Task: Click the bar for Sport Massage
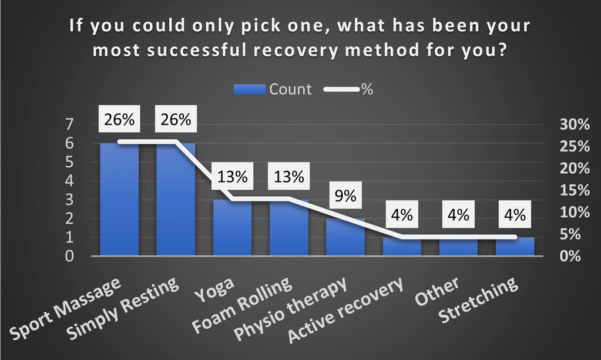(x=119, y=200)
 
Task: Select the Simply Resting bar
(x=176, y=200)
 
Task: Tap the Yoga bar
(x=232, y=229)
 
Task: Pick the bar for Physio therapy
(x=345, y=238)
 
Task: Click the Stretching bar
(x=515, y=247)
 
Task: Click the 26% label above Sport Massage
(x=119, y=119)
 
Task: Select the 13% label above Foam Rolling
(x=289, y=177)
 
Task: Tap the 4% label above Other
(x=458, y=215)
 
